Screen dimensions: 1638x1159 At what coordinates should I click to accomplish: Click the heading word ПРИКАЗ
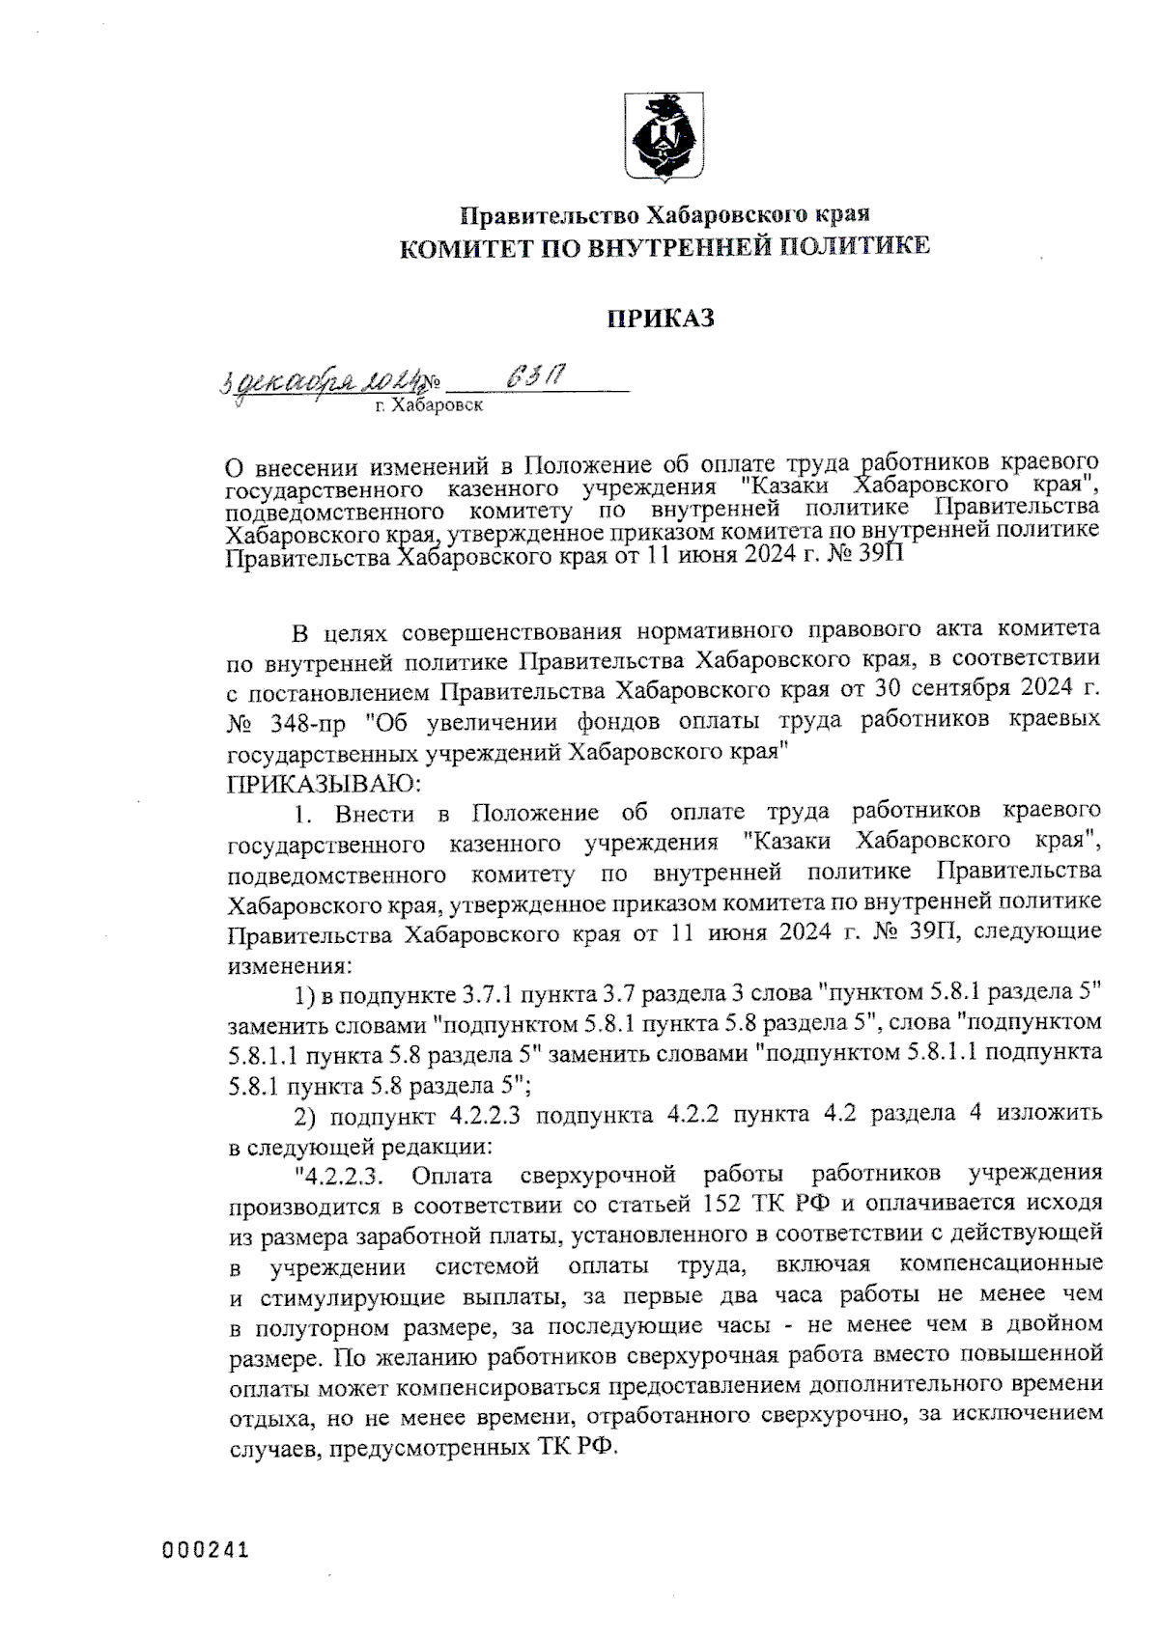(661, 318)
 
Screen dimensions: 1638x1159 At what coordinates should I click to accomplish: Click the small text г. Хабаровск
(429, 407)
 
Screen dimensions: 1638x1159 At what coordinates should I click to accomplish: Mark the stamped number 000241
(205, 1551)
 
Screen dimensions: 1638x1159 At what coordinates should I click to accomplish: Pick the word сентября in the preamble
(979, 691)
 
